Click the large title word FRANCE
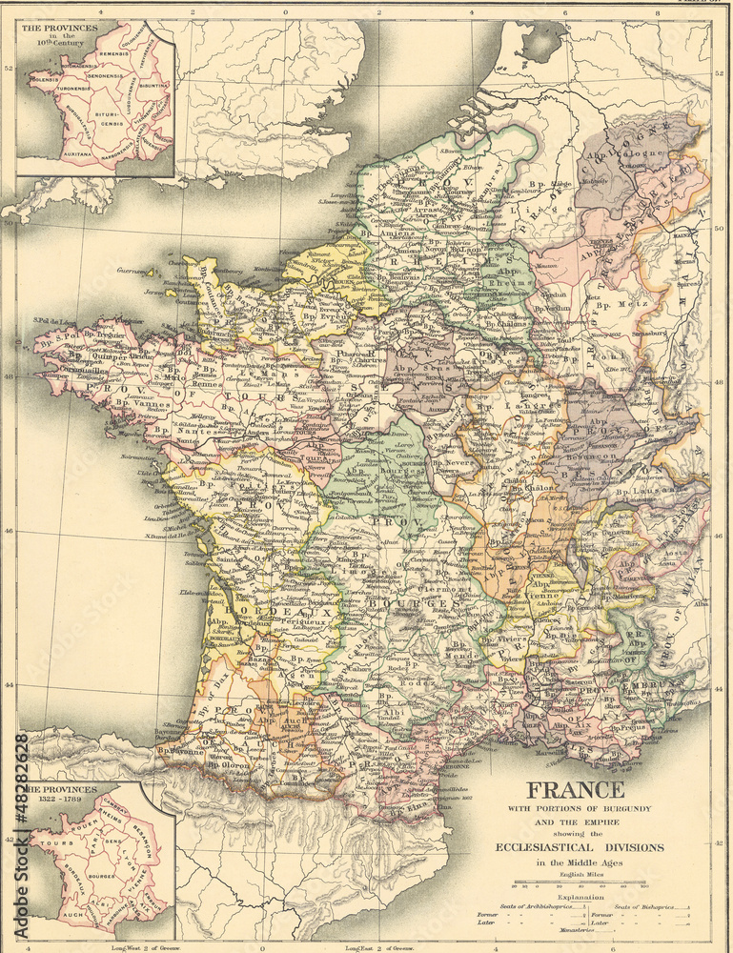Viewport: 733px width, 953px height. point(576,790)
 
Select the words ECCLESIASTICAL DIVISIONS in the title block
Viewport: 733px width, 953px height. point(580,846)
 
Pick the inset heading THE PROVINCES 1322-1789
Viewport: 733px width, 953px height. point(61,796)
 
